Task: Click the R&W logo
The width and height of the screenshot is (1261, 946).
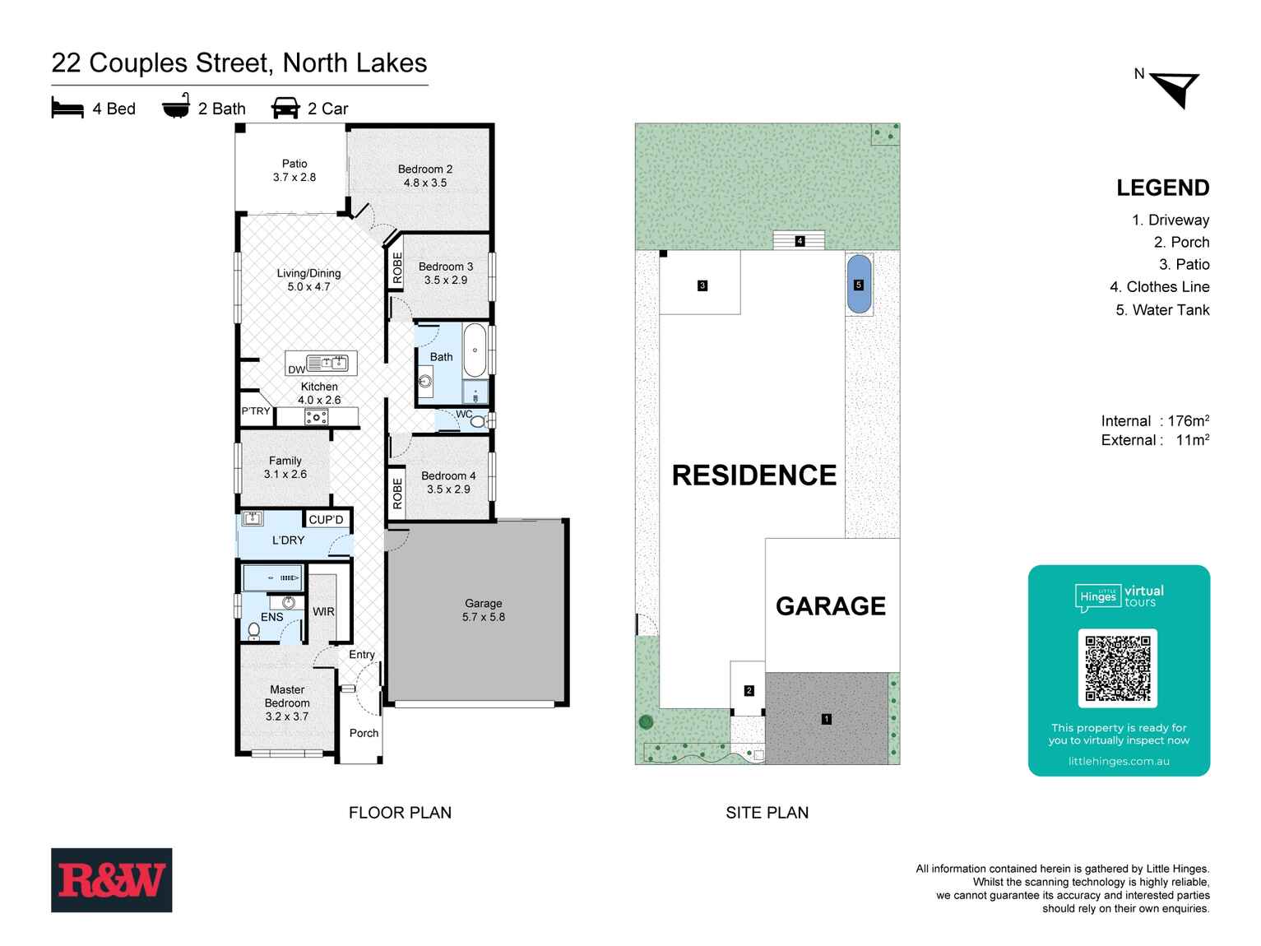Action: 112,880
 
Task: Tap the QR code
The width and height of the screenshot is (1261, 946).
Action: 1117,668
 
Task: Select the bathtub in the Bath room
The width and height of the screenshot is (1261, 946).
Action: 475,350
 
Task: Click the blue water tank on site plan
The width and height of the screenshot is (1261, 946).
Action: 859,285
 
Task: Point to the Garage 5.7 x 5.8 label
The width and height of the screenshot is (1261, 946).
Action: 483,610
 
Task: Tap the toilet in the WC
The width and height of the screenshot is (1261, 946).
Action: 479,421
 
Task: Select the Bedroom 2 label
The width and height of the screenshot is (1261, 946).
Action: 425,175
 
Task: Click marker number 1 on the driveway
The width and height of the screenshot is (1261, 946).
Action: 827,719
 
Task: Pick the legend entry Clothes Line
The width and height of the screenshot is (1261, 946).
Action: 1159,287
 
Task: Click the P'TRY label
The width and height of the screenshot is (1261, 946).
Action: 256,411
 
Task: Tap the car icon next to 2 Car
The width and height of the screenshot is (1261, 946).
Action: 285,108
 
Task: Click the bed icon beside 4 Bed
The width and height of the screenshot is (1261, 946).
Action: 67,108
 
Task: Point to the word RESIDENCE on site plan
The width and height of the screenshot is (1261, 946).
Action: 753,475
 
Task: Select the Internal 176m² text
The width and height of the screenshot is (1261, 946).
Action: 1154,420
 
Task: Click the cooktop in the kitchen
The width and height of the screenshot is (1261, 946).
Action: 316,418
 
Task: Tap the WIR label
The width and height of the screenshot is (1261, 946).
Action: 323,611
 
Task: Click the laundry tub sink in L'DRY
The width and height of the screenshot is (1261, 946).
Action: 253,519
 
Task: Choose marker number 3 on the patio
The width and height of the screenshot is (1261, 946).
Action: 702,285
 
